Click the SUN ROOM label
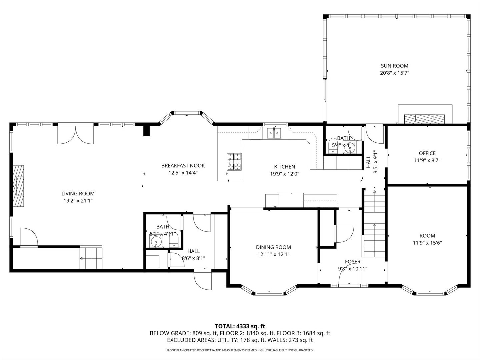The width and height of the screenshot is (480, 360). [394, 66]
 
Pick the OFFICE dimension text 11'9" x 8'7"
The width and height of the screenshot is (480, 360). [427, 160]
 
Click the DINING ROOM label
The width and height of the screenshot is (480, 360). [273, 247]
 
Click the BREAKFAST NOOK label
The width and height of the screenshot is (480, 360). [183, 165]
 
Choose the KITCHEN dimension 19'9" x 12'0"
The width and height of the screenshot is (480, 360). [284, 174]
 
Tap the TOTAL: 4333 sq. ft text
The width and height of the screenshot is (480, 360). [240, 326]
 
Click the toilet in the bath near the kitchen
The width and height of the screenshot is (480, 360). [333, 146]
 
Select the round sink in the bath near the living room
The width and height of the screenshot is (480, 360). [156, 242]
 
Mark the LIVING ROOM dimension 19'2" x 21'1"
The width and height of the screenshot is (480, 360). [78, 201]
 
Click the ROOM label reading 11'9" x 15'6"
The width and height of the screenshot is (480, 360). [427, 239]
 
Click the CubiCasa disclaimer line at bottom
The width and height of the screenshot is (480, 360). [240, 350]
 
